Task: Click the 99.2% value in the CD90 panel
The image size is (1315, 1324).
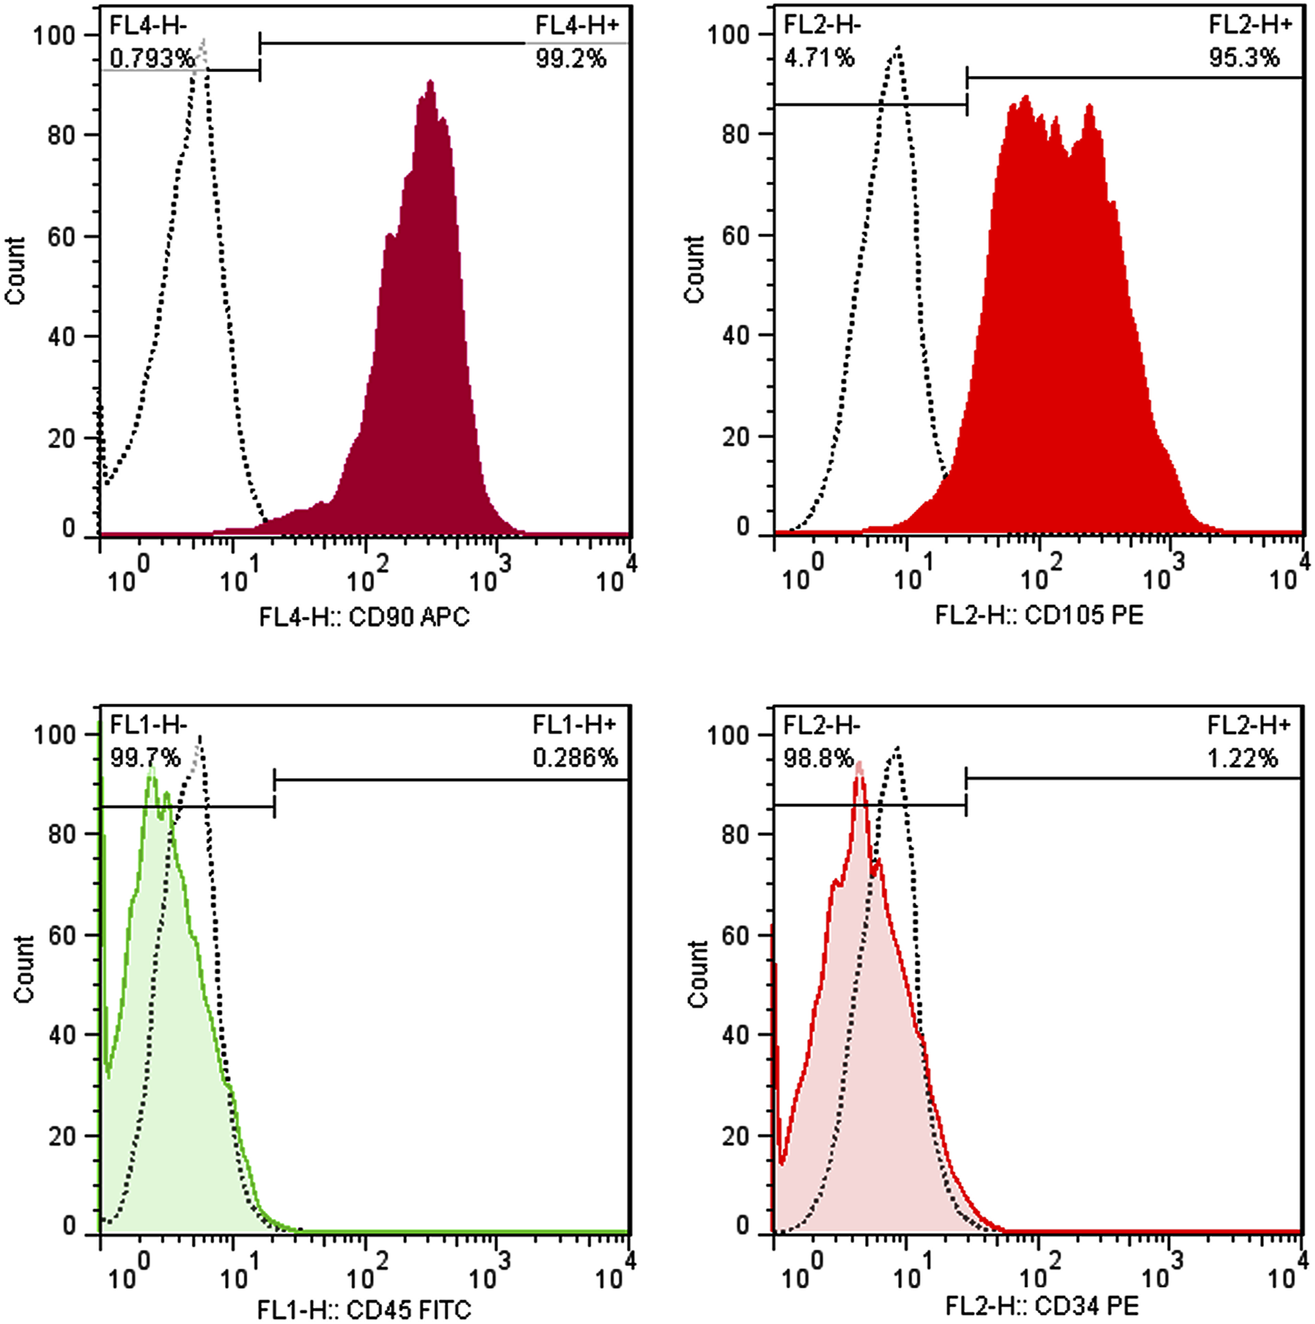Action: pyautogui.click(x=571, y=59)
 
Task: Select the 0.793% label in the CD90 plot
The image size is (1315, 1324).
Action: pyautogui.click(x=152, y=59)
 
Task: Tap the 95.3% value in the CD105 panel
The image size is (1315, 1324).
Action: pyautogui.click(x=1244, y=58)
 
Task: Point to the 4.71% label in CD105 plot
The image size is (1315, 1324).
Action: pyautogui.click(x=819, y=58)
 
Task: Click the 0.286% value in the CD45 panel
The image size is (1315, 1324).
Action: pyautogui.click(x=575, y=758)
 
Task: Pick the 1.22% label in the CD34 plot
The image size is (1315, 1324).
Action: pyautogui.click(x=1242, y=758)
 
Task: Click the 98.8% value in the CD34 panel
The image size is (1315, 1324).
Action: pyautogui.click(x=818, y=758)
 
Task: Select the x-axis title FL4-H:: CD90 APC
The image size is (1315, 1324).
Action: pyautogui.click(x=364, y=617)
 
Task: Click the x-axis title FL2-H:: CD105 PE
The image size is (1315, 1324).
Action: pyautogui.click(x=1040, y=615)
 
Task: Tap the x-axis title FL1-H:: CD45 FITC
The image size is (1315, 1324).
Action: pyautogui.click(x=364, y=1310)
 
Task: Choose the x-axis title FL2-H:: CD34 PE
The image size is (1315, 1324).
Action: pyautogui.click(x=1042, y=1307)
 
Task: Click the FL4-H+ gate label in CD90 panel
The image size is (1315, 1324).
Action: pyautogui.click(x=576, y=26)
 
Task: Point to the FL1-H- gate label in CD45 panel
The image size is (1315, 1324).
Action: pyautogui.click(x=149, y=726)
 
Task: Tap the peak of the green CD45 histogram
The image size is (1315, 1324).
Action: pyautogui.click(x=151, y=772)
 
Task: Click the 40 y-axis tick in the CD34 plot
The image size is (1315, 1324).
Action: pyautogui.click(x=736, y=1035)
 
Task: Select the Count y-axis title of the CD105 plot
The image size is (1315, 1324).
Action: pyautogui.click(x=694, y=269)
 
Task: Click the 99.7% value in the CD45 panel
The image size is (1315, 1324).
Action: pyautogui.click(x=145, y=758)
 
